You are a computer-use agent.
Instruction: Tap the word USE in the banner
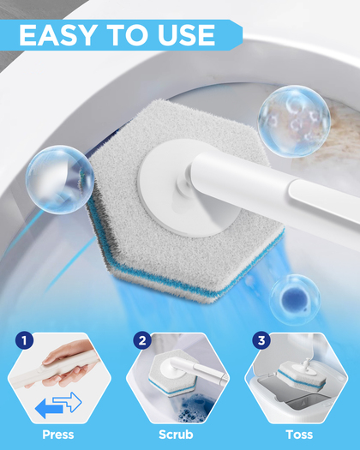click(x=186, y=35)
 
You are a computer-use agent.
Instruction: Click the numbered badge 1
click(x=24, y=340)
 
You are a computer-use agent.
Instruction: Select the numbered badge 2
click(x=142, y=340)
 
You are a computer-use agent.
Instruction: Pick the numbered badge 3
click(x=261, y=340)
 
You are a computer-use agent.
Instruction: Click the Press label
click(x=58, y=435)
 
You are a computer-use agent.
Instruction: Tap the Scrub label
click(x=176, y=435)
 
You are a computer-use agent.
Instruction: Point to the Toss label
click(x=299, y=435)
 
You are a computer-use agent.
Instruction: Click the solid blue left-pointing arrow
click(x=49, y=408)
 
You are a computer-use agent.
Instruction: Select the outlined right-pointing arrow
click(x=68, y=402)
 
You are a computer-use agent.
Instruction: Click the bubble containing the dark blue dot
click(x=295, y=300)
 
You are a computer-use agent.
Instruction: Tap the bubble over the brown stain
click(x=294, y=121)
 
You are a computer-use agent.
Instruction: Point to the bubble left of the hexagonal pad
click(x=60, y=180)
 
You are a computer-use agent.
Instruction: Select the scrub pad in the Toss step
click(x=302, y=375)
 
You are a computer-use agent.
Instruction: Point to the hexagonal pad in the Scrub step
click(x=172, y=373)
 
